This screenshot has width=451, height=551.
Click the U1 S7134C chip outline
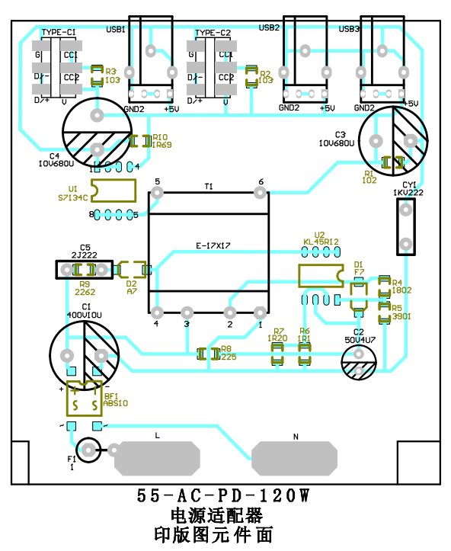tap(113, 191)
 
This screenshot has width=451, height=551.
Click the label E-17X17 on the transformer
tap(213, 245)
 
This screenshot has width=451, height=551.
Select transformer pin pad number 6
tap(261, 194)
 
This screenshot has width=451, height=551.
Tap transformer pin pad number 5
tap(158, 194)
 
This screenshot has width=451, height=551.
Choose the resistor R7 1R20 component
tap(277, 353)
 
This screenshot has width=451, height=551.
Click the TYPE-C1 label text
tap(59, 33)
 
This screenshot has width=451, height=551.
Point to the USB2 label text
tap(270, 27)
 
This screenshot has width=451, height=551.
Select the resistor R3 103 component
tap(97, 75)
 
